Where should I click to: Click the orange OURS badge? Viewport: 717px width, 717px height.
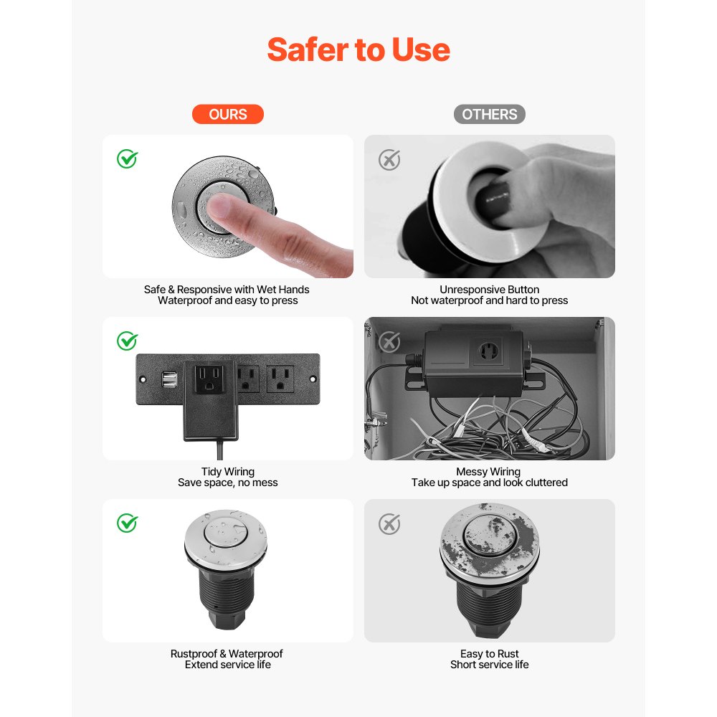tap(227, 115)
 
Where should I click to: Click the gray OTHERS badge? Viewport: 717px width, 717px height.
tap(489, 115)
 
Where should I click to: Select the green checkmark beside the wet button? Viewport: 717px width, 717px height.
tap(128, 159)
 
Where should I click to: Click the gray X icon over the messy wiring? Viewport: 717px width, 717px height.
tap(389, 342)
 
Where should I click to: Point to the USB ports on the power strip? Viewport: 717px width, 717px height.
tap(170, 379)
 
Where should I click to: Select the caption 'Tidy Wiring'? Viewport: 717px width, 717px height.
tap(228, 472)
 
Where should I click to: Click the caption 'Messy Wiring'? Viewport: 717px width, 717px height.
tap(488, 472)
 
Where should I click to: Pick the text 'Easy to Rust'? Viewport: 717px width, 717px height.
tap(489, 654)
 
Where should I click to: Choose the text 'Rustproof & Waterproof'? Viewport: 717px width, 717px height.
tap(227, 654)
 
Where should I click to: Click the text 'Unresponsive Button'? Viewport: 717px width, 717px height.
tap(489, 290)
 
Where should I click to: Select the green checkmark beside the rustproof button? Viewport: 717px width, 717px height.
tap(128, 523)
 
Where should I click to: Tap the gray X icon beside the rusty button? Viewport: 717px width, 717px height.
tap(389, 524)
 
